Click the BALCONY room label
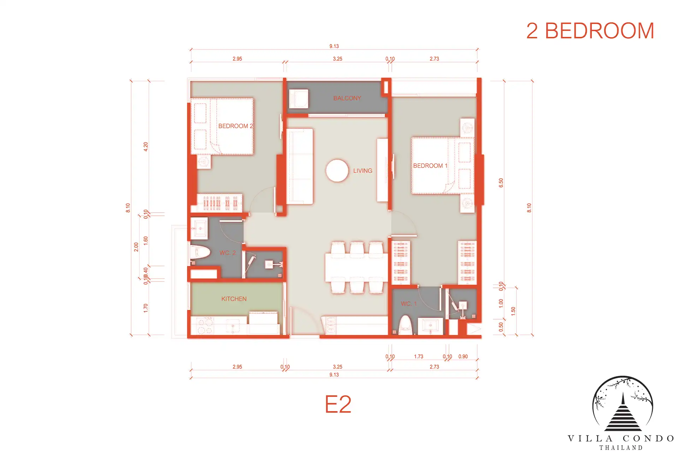347,98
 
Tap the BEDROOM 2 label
236,126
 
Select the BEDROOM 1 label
430,166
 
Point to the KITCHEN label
234,299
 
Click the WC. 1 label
409,304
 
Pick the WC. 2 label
228,253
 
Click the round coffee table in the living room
337,171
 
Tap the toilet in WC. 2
200,252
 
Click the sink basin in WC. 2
200,228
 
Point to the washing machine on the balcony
298,99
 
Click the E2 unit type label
338,404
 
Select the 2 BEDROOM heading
590,31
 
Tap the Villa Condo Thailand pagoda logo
622,404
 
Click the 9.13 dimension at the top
334,46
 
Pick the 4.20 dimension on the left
145,147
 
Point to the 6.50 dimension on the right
501,183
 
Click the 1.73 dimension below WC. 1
418,357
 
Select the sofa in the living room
299,166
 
